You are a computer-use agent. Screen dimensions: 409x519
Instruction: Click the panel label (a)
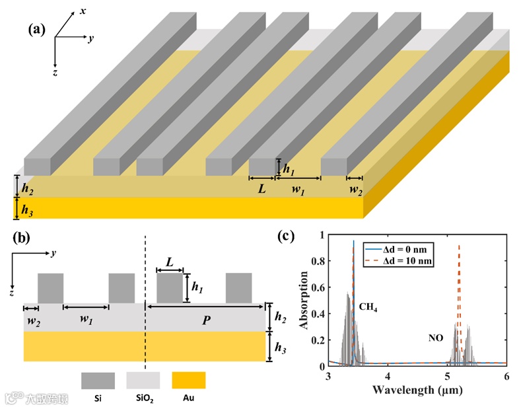click(x=37, y=29)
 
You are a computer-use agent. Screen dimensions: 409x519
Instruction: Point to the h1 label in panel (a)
click(x=289, y=169)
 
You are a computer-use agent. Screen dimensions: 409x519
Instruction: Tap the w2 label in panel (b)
click(x=30, y=320)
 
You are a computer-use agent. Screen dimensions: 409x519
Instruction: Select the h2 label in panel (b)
click(x=280, y=317)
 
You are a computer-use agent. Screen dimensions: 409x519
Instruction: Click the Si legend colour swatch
click(x=98, y=381)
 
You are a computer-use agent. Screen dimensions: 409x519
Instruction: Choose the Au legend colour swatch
click(x=188, y=381)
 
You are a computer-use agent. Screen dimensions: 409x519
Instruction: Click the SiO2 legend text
click(x=143, y=398)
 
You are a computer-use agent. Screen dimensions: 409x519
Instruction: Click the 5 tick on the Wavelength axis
click(x=447, y=375)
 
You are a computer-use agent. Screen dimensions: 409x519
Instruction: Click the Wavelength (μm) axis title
click(x=417, y=389)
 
